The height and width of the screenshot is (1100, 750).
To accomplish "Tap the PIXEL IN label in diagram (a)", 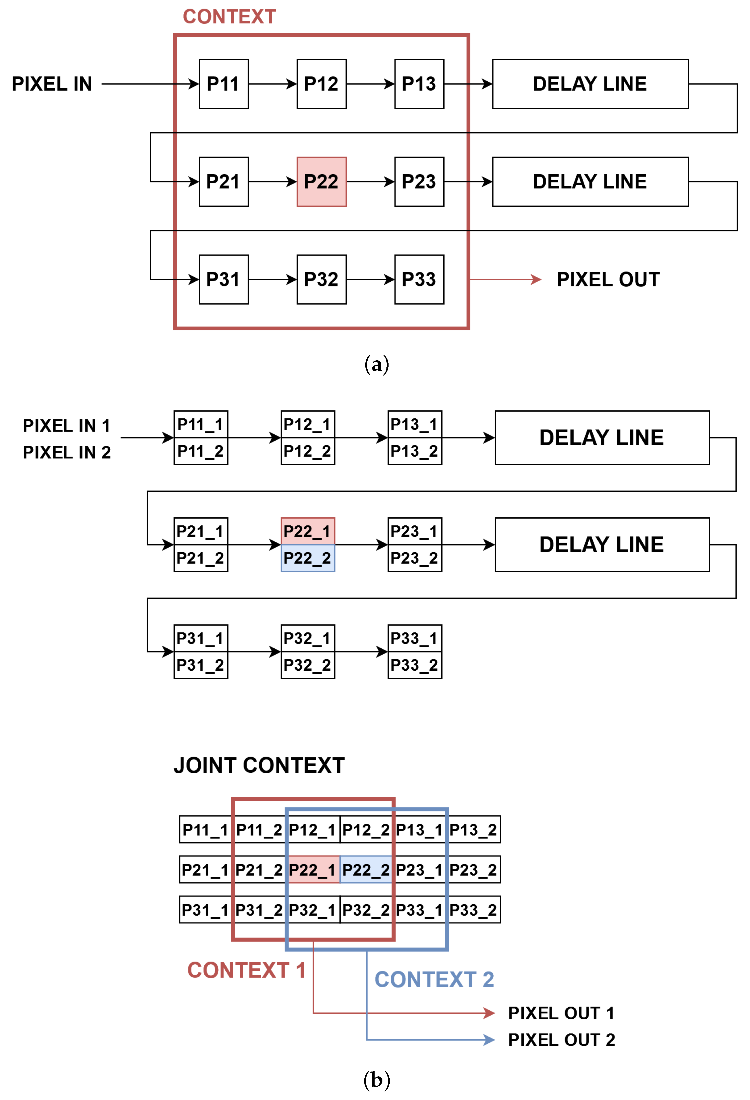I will (52, 84).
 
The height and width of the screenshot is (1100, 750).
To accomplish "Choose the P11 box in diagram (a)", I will (223, 84).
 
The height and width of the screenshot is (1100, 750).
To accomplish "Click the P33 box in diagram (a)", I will (419, 280).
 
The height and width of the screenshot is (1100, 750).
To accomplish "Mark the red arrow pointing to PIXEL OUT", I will (505, 280).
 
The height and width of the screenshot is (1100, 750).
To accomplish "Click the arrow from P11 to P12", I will (272, 84).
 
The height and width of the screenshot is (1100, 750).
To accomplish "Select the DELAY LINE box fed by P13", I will (590, 84).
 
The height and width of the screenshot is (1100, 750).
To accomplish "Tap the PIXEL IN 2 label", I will (67, 452).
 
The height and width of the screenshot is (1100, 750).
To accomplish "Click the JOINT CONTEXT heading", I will (259, 765).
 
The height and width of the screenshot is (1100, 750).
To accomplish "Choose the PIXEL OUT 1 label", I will (561, 1013).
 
